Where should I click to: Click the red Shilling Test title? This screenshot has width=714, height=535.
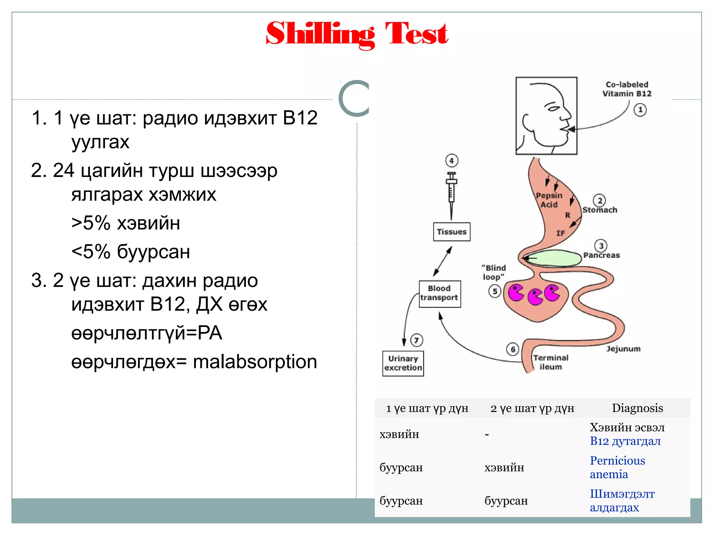pos(357,34)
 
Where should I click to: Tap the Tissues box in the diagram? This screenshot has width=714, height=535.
pos(451,232)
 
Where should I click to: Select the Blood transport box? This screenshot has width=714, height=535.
pos(439,293)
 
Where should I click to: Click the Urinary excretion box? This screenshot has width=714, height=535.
pos(403,363)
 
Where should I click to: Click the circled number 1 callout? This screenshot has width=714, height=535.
pos(640,110)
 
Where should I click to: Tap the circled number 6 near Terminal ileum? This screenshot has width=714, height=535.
pos(512,349)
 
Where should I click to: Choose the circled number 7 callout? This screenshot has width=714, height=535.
pos(417,340)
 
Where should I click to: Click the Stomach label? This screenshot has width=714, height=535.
pos(600,210)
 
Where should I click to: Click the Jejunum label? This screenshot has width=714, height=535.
pos(623,349)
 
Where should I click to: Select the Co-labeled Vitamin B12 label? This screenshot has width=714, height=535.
pos(627,89)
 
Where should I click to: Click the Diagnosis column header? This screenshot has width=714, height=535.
pos(637,408)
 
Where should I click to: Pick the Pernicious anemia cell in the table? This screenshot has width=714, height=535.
pos(617,467)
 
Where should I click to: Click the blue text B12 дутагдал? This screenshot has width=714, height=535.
pos(625,441)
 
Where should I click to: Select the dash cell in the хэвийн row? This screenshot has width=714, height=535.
pos(487,434)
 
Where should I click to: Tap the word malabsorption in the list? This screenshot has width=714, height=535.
pos(255,362)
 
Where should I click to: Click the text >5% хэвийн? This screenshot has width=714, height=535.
pos(126,223)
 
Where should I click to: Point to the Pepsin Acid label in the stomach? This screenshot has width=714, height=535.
pos(549,200)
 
